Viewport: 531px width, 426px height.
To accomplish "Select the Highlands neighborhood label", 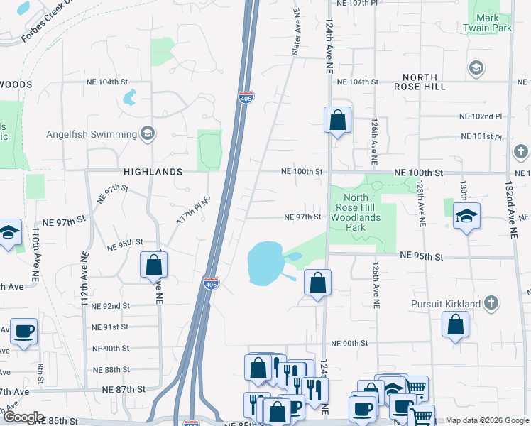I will coord(153,172).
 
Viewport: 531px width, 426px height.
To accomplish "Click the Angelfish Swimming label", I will coord(92,134).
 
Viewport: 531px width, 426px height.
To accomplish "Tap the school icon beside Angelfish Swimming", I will coord(148,133).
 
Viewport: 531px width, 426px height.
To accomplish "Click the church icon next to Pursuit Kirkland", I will coord(491,304).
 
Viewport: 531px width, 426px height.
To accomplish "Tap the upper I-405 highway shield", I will coord(246,97).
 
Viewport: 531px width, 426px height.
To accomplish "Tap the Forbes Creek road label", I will coord(43,24).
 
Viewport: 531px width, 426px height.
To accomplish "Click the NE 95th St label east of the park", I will coord(421,255).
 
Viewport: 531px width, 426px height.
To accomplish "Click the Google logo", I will coord(23,417).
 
